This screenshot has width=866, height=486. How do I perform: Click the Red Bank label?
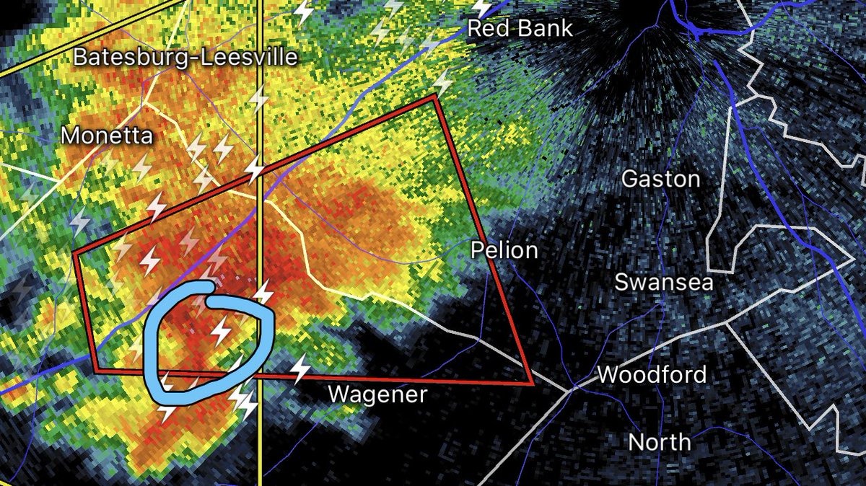(520, 28)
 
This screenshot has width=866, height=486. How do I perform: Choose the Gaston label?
(660, 178)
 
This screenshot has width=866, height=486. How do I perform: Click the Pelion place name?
(504, 250)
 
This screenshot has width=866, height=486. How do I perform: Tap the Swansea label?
(663, 281)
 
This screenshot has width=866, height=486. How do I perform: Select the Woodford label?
(652, 375)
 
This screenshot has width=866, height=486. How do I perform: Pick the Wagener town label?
(378, 394)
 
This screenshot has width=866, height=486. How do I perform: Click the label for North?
(659, 441)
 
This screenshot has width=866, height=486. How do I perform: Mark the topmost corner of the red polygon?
(435, 95)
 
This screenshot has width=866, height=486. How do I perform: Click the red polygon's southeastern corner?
(532, 384)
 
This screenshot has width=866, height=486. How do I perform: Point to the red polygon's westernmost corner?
(75, 253)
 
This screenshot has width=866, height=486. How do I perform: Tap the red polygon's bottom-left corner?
(97, 371)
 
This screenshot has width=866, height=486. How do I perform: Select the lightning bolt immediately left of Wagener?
(300, 369)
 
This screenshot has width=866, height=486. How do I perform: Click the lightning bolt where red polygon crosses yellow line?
(255, 167)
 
